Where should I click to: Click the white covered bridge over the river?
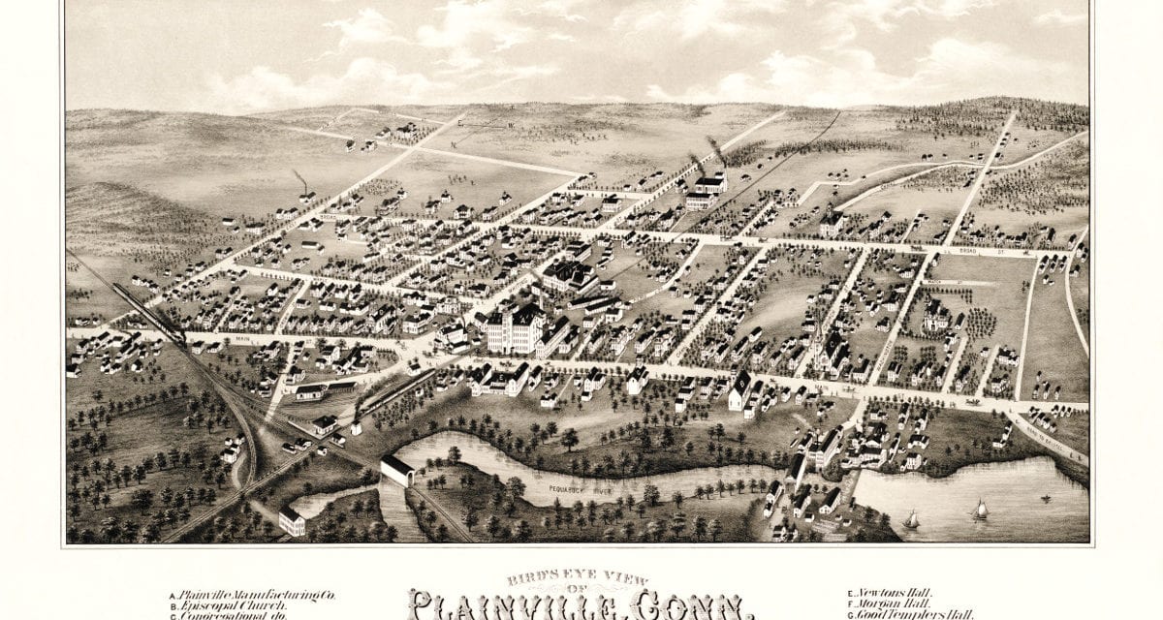(396, 472)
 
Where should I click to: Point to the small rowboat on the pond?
(1046, 500)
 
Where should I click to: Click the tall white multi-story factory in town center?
(513, 329)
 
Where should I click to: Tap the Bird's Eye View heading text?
(581, 579)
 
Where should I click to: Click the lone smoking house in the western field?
(306, 195)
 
